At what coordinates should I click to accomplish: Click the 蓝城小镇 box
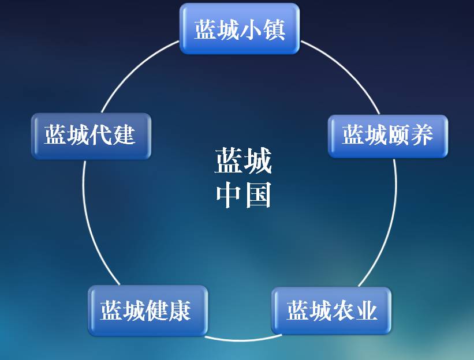pos(240,29)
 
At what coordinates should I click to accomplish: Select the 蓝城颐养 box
pos(388,136)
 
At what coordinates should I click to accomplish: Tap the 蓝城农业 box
pos(331,310)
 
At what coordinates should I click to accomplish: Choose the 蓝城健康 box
pos(147,310)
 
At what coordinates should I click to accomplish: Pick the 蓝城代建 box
pos(91,136)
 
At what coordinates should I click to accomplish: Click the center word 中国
pos(244,196)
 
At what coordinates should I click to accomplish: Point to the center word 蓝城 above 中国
pos(244,162)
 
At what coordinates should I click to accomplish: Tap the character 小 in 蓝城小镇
pos(251,29)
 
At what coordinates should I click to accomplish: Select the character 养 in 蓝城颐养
pos(421,136)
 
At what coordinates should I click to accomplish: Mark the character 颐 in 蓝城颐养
pos(399,136)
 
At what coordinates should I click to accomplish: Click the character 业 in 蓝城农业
pos(366,310)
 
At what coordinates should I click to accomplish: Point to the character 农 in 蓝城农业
pos(344,310)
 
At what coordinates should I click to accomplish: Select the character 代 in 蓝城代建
pos(101,136)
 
